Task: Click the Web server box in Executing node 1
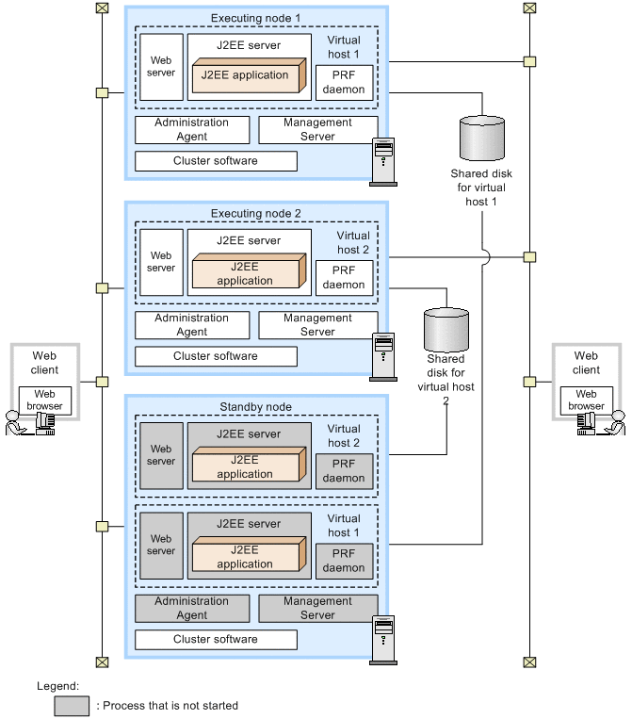(161, 66)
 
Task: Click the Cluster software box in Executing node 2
(216, 356)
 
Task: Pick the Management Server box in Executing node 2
(317, 325)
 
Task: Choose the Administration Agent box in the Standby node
(192, 608)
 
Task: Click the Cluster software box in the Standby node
(216, 640)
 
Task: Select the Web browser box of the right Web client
(587, 400)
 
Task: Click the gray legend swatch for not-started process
(72, 706)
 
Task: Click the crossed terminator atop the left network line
(102, 8)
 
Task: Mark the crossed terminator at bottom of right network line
(530, 662)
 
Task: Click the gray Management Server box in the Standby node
(317, 608)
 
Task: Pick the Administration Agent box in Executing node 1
(192, 129)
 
